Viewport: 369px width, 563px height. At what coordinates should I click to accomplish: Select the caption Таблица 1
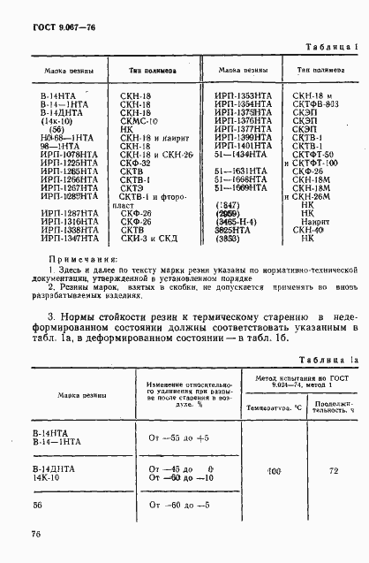[333, 46]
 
